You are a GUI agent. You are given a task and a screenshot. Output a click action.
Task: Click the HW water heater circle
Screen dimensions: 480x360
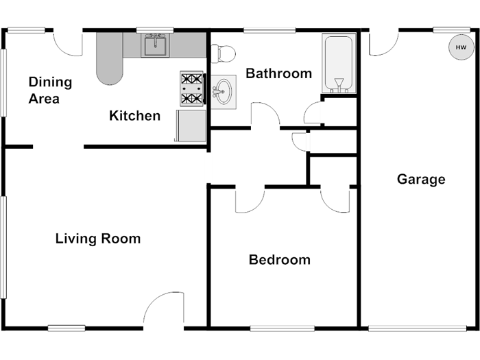pos(461,47)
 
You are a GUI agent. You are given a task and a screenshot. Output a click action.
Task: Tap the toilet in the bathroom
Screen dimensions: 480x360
pos(223,54)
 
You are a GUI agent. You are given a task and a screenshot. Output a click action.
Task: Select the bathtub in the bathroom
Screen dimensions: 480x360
pos(339,63)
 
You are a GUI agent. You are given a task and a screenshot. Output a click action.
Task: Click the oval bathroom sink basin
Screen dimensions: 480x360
pos(224,91)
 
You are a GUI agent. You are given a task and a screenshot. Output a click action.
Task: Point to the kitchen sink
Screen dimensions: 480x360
pos(155,45)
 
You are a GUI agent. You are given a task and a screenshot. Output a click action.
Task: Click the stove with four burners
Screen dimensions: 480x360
pos(192,88)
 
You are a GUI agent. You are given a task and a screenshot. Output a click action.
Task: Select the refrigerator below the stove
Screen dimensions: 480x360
pos(191,125)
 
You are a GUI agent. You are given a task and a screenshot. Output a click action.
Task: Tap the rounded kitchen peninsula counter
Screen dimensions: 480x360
pos(110,58)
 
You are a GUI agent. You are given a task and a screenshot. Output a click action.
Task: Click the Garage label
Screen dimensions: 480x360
pos(421,179)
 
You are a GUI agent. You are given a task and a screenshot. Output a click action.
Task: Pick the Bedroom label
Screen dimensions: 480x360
pos(280,260)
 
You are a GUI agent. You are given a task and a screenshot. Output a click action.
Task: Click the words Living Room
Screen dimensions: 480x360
pos(98,239)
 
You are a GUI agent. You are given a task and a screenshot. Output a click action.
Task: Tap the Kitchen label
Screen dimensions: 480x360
pos(134,116)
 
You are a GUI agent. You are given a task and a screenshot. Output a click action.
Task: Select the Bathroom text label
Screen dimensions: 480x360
pos(279,73)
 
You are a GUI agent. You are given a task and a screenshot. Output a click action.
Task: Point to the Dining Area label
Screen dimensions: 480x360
pos(50,91)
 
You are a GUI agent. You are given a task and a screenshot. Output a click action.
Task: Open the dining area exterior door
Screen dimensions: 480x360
pos(68,43)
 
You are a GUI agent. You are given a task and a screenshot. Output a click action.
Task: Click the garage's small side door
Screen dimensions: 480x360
pos(384,43)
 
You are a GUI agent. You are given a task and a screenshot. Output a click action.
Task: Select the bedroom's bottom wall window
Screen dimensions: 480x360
pos(283,328)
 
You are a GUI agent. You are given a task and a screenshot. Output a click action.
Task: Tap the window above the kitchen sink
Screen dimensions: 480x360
pos(155,30)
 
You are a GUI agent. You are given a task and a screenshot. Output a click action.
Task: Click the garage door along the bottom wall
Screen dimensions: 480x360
pos(417,328)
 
